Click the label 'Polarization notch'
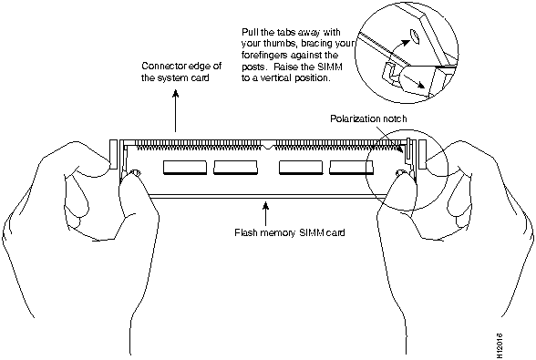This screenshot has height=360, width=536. (368, 118)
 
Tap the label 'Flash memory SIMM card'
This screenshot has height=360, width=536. (290, 232)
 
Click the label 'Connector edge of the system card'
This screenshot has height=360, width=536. (181, 71)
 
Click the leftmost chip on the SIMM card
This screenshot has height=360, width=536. (185, 168)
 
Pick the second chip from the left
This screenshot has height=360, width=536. (235, 168)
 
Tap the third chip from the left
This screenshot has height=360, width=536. (301, 168)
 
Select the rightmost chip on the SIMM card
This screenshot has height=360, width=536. (351, 168)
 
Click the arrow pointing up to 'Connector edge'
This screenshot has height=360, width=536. (175, 111)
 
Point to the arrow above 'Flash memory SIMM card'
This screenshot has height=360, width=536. (265, 213)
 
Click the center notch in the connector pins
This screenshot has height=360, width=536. (269, 146)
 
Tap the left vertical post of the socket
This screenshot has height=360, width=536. (113, 154)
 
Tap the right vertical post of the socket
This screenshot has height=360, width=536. (423, 154)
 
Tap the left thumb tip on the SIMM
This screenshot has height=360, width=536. (131, 176)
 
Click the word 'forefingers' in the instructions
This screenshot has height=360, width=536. (265, 55)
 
